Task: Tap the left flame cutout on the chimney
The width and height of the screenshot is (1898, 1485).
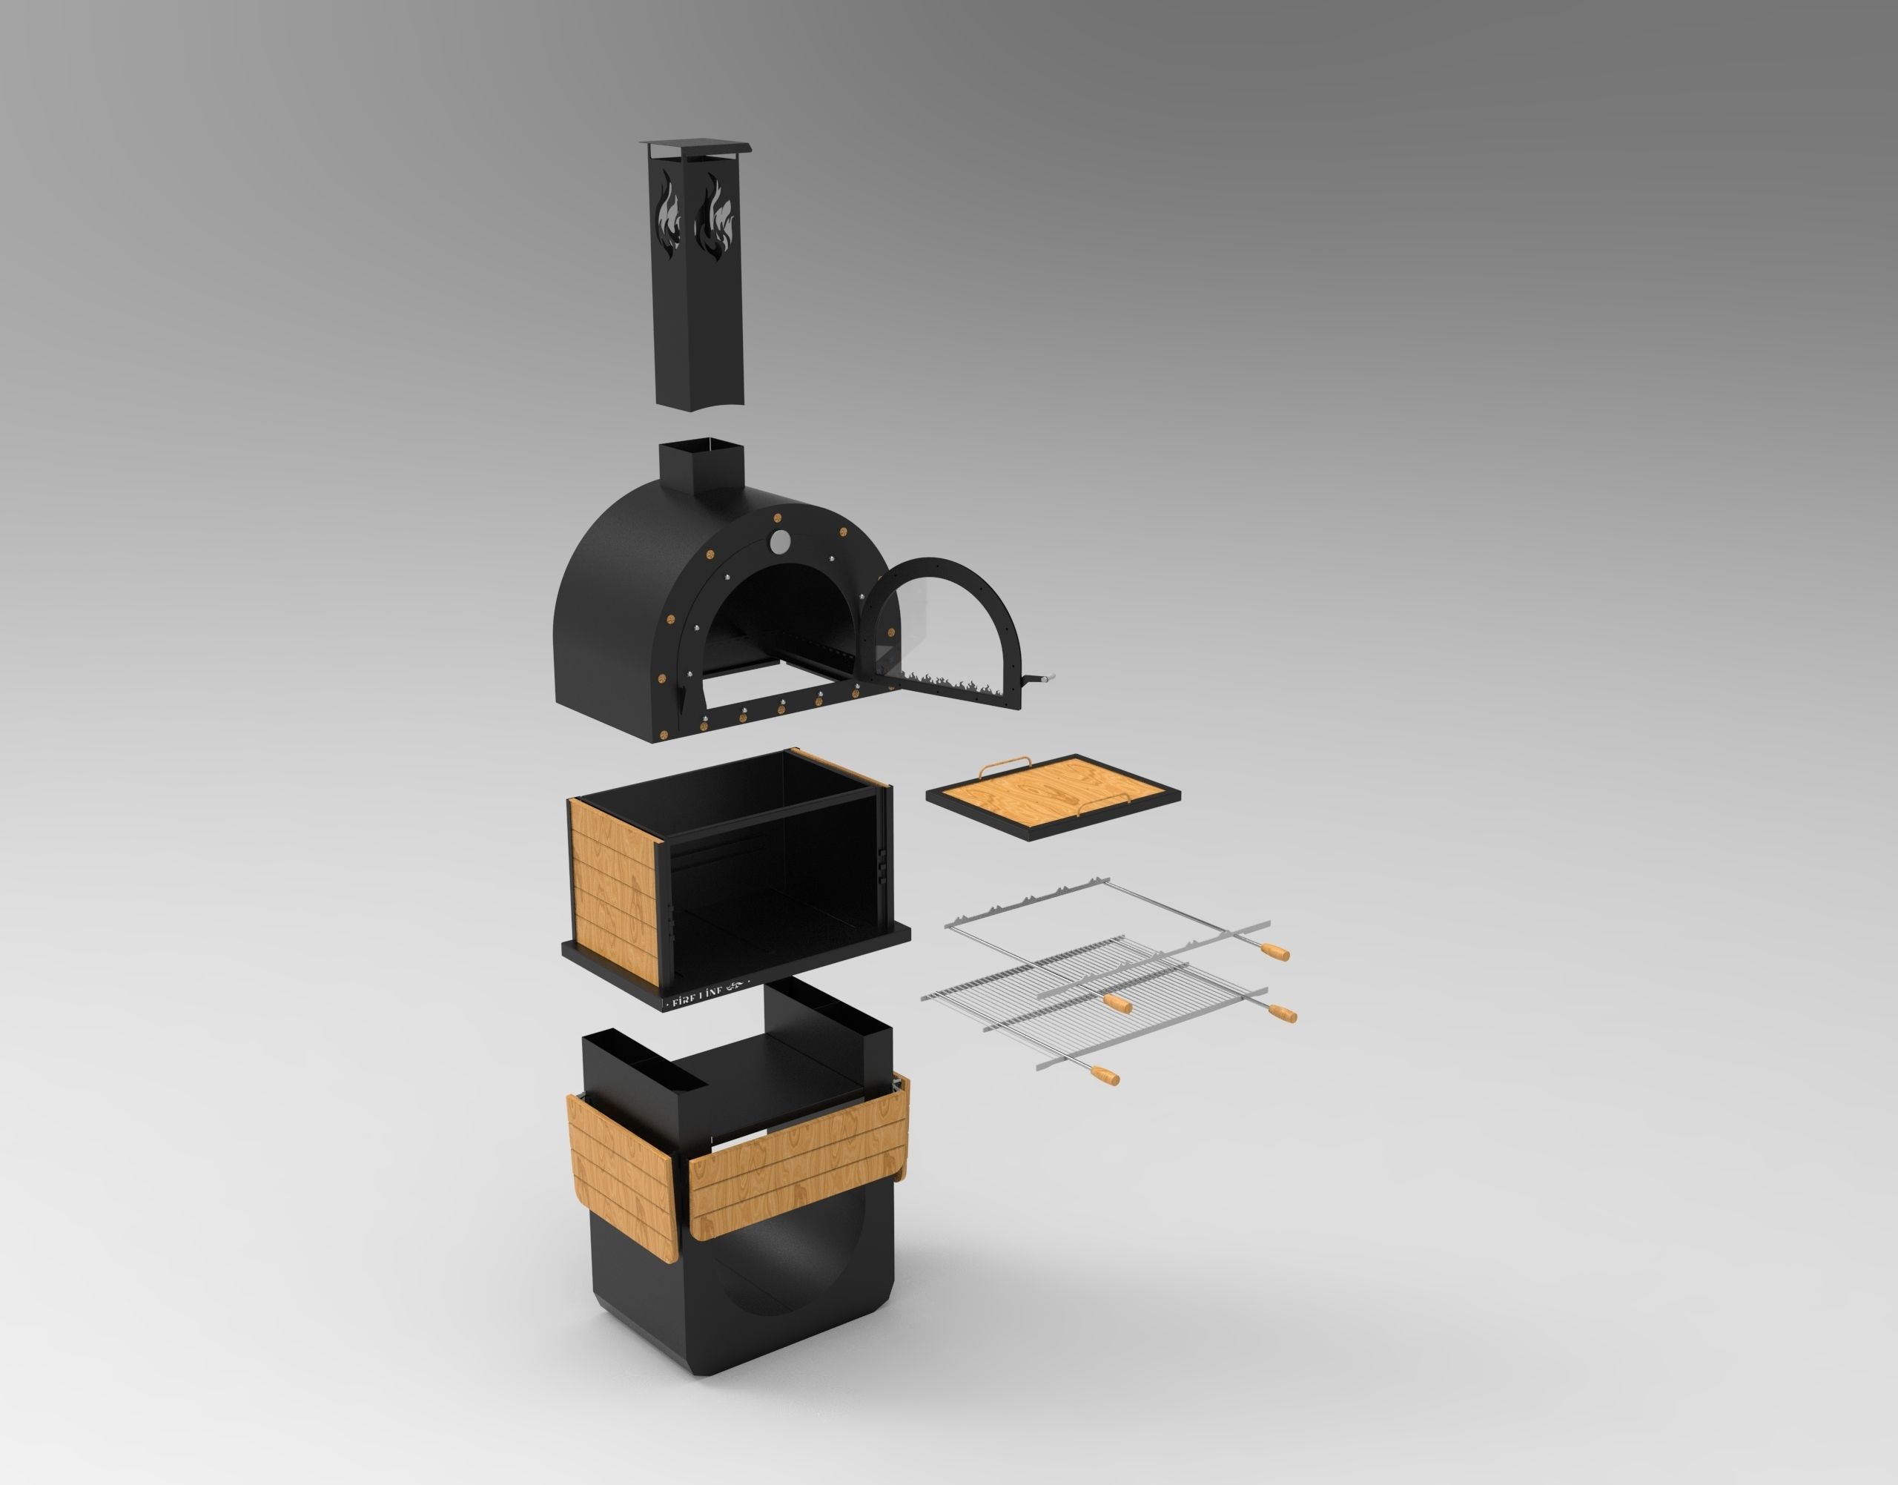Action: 668,215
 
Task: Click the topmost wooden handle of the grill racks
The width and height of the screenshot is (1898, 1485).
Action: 1275,951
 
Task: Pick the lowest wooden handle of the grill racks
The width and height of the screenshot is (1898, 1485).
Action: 1105,1076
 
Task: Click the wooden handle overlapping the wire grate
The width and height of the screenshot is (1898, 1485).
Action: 1119,1004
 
